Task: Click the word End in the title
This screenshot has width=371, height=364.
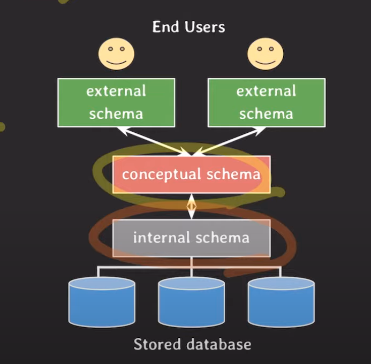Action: click(165, 27)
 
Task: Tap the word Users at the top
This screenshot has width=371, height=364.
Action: click(205, 27)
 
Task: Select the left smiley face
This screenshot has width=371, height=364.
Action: click(116, 54)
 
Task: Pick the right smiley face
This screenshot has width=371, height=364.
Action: click(265, 54)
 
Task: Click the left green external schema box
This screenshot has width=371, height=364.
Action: click(116, 103)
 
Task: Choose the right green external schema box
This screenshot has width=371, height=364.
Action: click(267, 103)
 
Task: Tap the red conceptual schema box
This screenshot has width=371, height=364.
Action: click(192, 175)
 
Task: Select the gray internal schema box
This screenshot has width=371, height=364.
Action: click(192, 238)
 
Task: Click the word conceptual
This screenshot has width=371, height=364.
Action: click(162, 175)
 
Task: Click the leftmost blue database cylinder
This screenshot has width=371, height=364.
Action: click(102, 302)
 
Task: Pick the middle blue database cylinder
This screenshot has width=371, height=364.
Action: click(192, 302)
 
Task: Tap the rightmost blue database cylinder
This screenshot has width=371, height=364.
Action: click(281, 302)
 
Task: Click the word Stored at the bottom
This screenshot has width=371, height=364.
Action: click(157, 344)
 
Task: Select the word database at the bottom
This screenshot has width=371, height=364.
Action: click(219, 344)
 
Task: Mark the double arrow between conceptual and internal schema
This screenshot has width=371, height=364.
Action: click(192, 206)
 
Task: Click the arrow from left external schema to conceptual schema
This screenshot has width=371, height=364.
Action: click(154, 141)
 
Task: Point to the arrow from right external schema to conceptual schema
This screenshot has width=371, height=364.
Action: click(229, 141)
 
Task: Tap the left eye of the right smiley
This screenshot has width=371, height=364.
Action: click(260, 49)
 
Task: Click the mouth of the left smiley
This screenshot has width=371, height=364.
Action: click(116, 63)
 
